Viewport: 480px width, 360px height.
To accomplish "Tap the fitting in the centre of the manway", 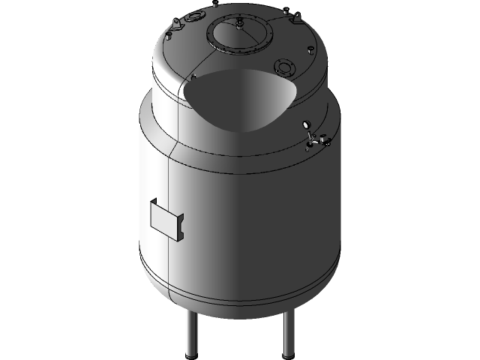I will (x=239, y=25).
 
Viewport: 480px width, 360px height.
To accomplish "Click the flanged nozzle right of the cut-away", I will (x=285, y=67).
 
